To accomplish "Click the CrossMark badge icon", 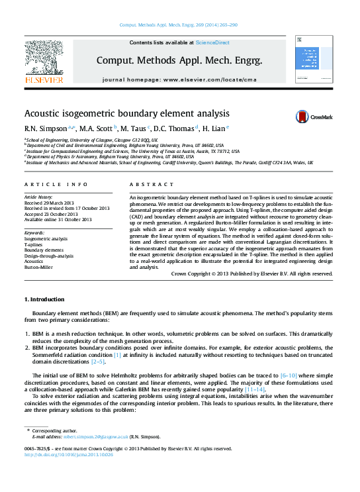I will pos(315,117).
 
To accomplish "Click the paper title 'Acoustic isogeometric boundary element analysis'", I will pos(127,113).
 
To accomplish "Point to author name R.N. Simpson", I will pos(42,128).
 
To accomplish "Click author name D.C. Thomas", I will pos(173,128).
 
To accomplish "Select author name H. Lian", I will pos(213,128).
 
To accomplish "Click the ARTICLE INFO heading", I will pos(56,184).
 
